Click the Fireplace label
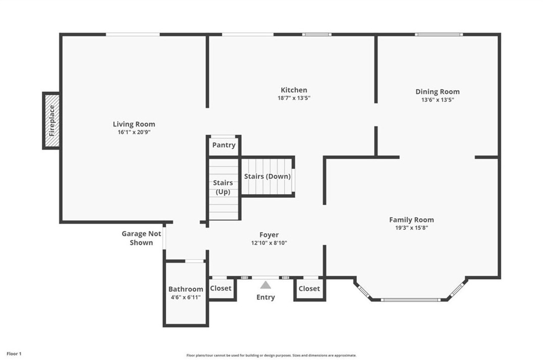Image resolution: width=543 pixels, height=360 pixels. [52, 121]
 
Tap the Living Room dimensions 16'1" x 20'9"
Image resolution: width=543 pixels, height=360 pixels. [134, 132]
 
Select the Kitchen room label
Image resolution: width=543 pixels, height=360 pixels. [294, 90]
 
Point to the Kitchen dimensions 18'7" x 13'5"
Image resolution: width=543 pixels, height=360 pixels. [294, 98]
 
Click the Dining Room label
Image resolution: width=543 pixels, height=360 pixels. [438, 92]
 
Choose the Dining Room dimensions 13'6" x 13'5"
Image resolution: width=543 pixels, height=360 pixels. [438, 100]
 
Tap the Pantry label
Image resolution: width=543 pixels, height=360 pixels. [224, 145]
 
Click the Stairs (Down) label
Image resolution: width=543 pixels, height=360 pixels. [267, 176]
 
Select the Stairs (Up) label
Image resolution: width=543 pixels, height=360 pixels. [223, 187]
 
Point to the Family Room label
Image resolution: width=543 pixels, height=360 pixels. [411, 220]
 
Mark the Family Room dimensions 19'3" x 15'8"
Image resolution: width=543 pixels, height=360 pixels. [412, 228]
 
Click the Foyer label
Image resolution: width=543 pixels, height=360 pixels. [269, 235]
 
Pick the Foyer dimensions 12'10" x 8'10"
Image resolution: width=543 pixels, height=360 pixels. [269, 243]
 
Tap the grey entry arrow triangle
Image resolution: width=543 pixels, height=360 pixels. [265, 285]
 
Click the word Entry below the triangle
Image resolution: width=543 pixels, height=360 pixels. [265, 297]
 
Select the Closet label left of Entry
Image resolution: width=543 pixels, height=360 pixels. [221, 288]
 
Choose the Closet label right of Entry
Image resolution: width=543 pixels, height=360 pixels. [309, 288]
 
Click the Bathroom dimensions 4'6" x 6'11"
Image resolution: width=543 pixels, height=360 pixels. [186, 297]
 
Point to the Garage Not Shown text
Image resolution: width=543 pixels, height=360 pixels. [141, 238]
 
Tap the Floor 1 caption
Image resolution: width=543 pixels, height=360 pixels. [14, 354]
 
